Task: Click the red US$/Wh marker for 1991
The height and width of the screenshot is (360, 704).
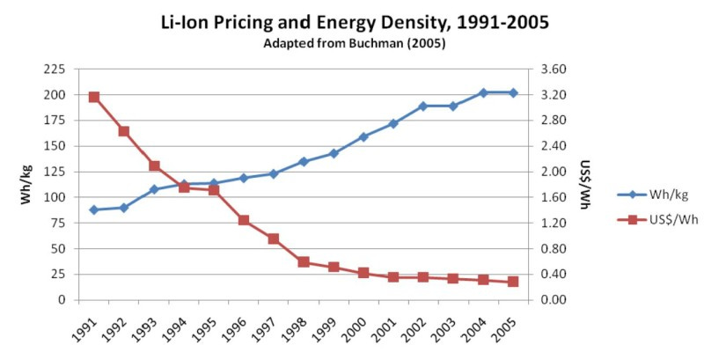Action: (x=94, y=97)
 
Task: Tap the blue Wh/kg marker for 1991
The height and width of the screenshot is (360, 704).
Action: (x=94, y=209)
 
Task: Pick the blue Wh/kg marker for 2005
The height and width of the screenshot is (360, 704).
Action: (x=513, y=92)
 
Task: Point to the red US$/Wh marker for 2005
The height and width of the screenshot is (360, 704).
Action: (x=513, y=282)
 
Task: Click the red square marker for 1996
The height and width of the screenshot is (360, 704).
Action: (x=244, y=220)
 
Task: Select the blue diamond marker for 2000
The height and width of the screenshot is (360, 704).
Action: (x=363, y=136)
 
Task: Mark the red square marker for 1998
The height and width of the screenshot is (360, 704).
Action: (x=304, y=261)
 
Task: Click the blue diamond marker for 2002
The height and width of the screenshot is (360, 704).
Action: (x=423, y=106)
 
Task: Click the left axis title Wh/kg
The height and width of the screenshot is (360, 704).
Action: (x=26, y=184)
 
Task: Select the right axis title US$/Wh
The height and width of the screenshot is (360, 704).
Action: (x=583, y=184)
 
